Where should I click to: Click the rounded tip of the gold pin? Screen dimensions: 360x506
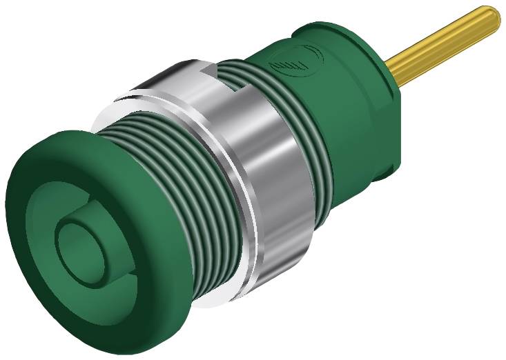[491, 18]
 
